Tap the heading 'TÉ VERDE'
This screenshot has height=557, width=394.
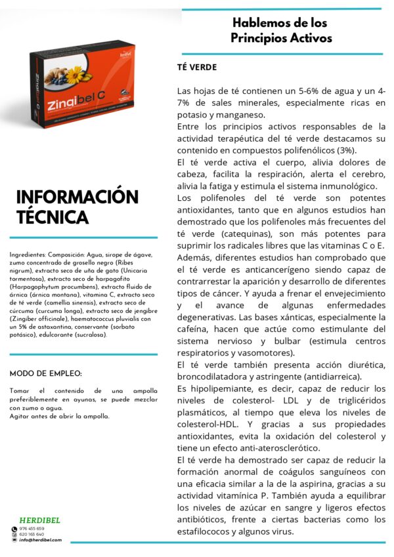[197, 68]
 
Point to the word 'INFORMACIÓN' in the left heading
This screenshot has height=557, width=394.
[77, 197]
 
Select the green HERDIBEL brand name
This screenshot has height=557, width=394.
[40, 520]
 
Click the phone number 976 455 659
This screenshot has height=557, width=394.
[32, 528]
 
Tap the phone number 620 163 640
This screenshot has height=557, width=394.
[32, 534]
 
